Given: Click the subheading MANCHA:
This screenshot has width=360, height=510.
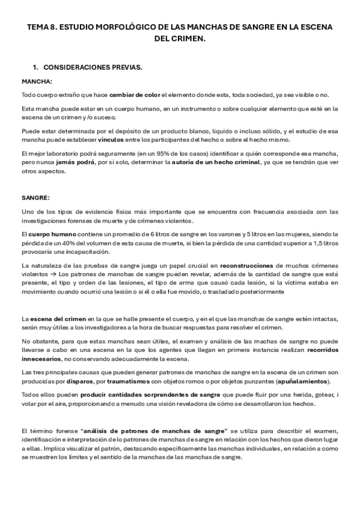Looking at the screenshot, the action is click(37, 81).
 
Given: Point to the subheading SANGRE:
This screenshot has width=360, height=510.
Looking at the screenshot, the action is click(37, 197).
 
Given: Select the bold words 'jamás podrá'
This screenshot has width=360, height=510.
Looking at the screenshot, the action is click(90, 162).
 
